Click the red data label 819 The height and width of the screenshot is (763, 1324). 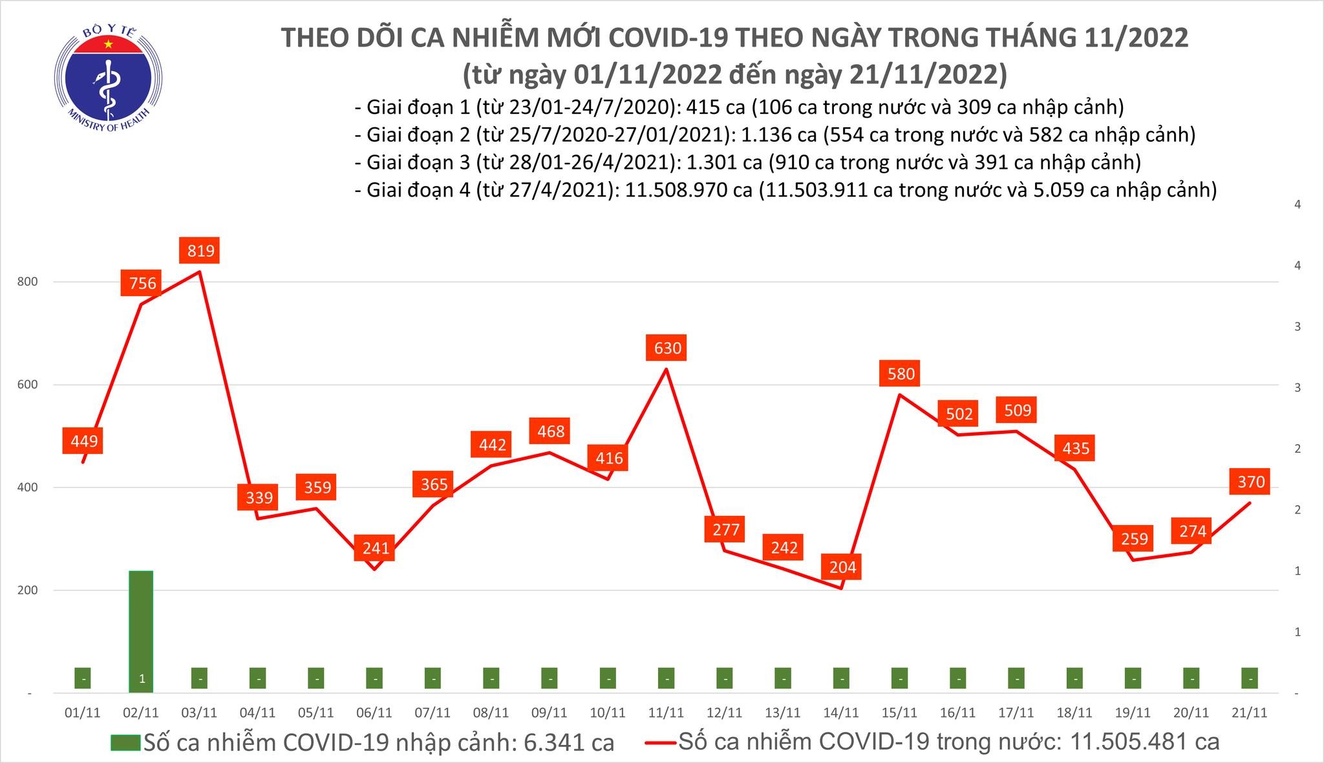coord(200,250)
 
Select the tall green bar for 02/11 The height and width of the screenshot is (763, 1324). coord(141,630)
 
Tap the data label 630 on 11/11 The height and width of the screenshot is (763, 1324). coord(667,349)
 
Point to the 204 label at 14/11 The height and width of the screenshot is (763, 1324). coord(842,567)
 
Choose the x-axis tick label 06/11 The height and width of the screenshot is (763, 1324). coord(374,713)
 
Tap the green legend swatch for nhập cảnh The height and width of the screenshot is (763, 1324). coord(125,742)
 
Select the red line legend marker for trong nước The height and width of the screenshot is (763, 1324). coord(661,742)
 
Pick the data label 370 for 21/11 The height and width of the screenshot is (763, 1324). coord(1251,482)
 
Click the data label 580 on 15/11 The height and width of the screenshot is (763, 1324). coord(901,374)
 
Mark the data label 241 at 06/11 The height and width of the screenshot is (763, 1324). coord(376,548)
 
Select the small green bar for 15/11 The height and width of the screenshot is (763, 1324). coord(899,678)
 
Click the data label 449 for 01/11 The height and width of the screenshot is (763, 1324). coord(84,441)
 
